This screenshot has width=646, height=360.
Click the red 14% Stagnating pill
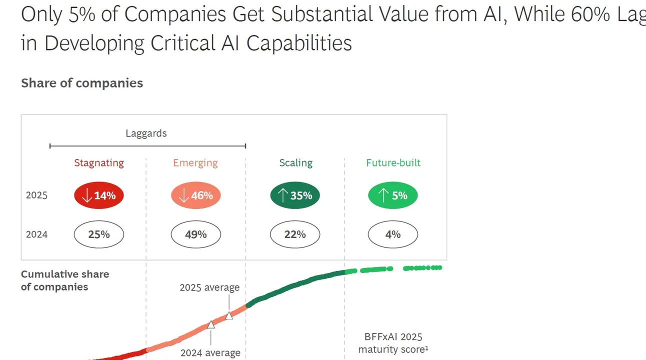pyautogui.click(x=99, y=195)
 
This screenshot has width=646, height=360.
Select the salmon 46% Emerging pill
pyautogui.click(x=196, y=195)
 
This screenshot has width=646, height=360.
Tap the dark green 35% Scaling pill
pyautogui.click(x=295, y=195)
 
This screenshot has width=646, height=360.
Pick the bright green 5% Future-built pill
pyautogui.click(x=393, y=195)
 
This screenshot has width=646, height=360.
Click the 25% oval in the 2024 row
pyautogui.click(x=99, y=234)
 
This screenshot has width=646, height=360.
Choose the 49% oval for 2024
pyautogui.click(x=196, y=234)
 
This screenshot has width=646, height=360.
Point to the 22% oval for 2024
pyautogui.click(x=295, y=234)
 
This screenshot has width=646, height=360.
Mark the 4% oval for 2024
pyautogui.click(x=393, y=234)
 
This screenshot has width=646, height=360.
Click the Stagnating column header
pyautogui.click(x=99, y=163)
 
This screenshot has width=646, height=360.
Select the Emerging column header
pyautogui.click(x=195, y=163)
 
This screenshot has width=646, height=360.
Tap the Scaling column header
pyautogui.click(x=296, y=163)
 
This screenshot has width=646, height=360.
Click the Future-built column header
pyautogui.click(x=393, y=163)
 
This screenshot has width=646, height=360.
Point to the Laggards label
pyautogui.click(x=146, y=133)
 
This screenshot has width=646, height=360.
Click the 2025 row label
pyautogui.click(x=36, y=195)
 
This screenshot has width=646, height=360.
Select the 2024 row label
pyautogui.click(x=36, y=234)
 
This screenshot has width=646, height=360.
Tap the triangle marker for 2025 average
pyautogui.click(x=229, y=315)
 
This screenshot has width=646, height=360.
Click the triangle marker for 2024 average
pyautogui.click(x=211, y=324)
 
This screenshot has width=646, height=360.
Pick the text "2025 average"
pyautogui.click(x=209, y=287)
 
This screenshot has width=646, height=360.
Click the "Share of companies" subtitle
pyautogui.click(x=82, y=83)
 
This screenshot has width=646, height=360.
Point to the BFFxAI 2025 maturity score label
pyautogui.click(x=393, y=342)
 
